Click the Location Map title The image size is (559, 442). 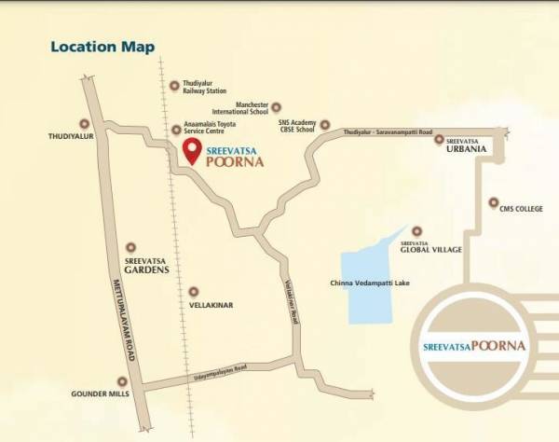click(x=102, y=46)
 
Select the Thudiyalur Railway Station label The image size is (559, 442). click(x=203, y=88)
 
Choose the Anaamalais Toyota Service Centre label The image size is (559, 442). click(x=211, y=133)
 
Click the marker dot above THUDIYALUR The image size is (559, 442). click(x=86, y=122)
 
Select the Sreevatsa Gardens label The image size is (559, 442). click(x=146, y=265)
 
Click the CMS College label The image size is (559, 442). click(x=521, y=209)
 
